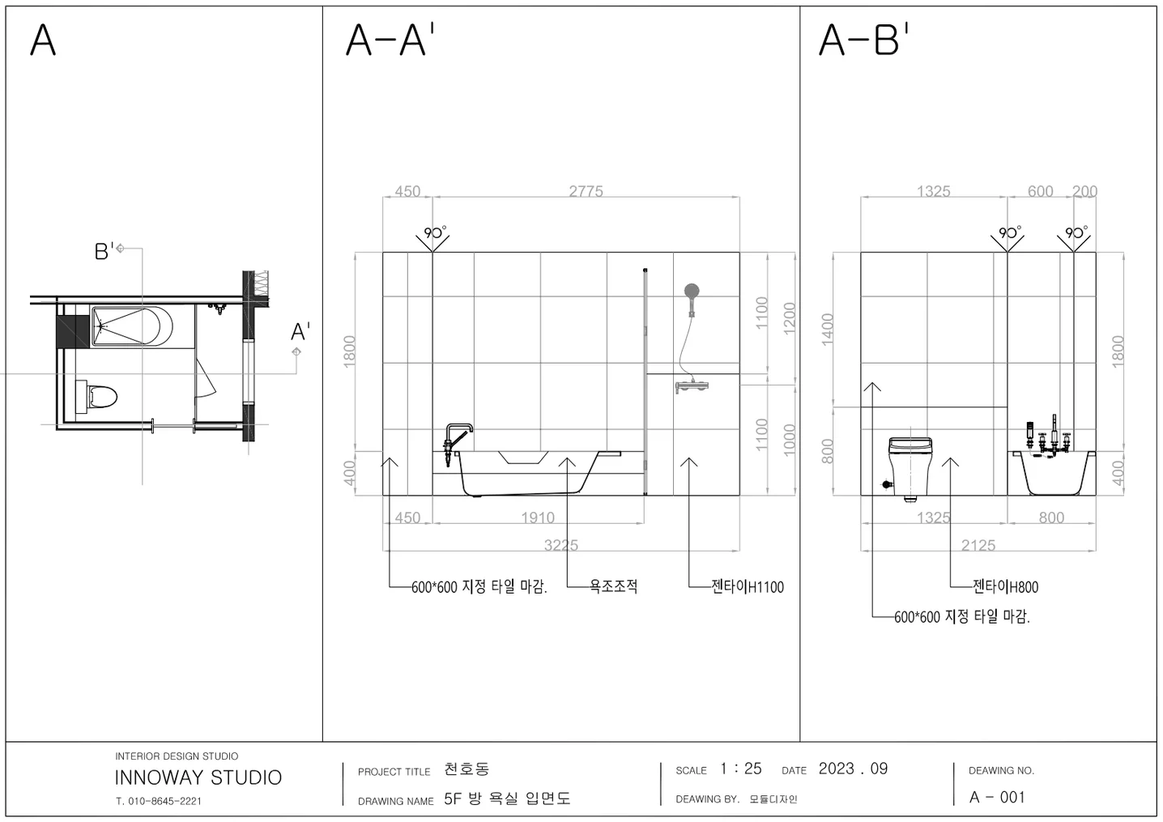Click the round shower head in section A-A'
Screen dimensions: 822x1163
point(692,291)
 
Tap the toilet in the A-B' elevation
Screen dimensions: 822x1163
point(910,466)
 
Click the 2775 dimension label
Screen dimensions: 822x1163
point(586,191)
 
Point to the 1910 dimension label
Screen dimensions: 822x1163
point(537,517)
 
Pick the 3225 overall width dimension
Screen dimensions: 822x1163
point(560,545)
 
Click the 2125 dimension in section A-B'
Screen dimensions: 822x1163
point(978,545)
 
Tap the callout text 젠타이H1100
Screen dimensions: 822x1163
point(747,587)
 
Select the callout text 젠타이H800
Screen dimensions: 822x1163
point(1005,587)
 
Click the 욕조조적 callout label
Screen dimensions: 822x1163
point(613,586)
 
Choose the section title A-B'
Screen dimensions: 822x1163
point(863,40)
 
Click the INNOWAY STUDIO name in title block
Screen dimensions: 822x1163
point(198,777)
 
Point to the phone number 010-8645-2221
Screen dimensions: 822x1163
point(164,801)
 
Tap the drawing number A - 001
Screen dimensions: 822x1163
point(997,797)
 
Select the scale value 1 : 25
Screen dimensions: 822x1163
point(740,769)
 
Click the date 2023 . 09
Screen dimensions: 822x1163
point(853,769)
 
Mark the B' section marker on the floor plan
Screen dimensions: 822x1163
point(104,251)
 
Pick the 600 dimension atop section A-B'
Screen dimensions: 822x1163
point(1040,191)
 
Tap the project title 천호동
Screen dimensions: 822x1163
point(466,769)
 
